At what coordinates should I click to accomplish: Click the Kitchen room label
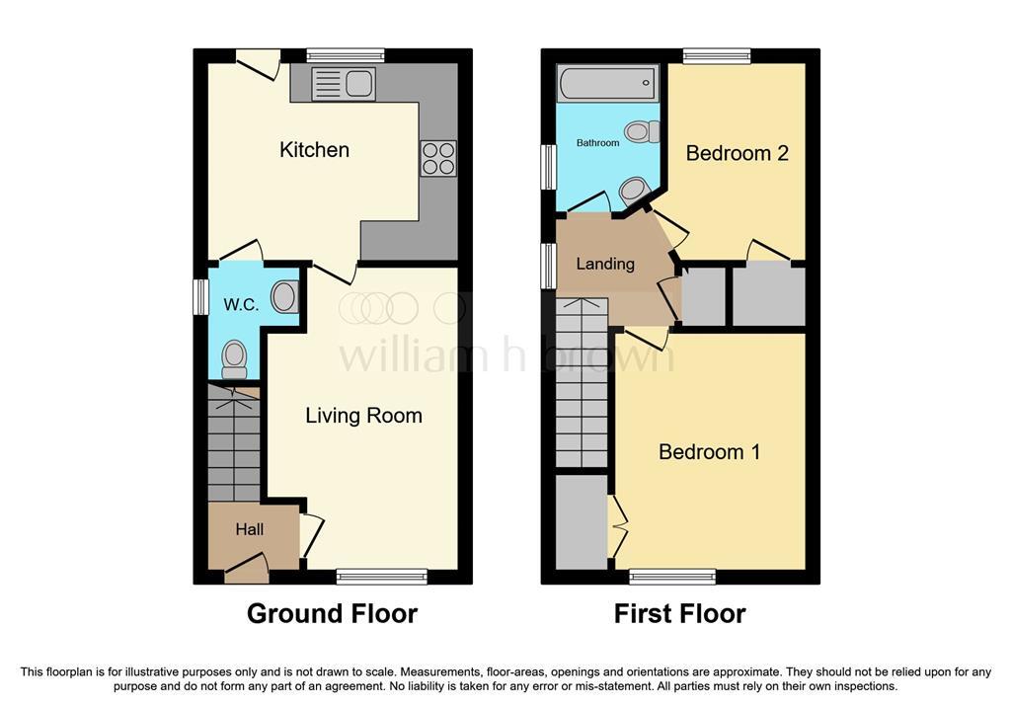coord(314,150)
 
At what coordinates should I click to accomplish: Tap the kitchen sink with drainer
coord(343,84)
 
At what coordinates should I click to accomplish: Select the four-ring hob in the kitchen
coord(438,159)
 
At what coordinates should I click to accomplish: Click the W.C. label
coord(241,304)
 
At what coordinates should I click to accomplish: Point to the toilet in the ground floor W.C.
coord(234,359)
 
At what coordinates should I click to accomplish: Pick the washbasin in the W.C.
coord(284,297)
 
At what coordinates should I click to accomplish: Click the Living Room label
coord(363,416)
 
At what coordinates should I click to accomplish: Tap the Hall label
coord(250,529)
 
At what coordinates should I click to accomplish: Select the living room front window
coord(382,576)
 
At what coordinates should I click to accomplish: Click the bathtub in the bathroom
coord(607,83)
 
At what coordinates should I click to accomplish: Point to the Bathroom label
coord(597,142)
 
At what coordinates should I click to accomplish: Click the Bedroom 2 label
coord(737,153)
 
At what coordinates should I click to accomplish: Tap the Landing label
coord(605,264)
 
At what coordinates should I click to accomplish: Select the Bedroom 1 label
coord(709,451)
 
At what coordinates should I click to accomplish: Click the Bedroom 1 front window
coord(672,576)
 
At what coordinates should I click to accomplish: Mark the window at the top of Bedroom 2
coord(717,56)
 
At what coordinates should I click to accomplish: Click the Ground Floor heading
coord(332,613)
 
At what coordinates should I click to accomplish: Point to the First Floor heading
coord(679,613)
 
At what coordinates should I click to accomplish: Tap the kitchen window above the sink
coord(345,56)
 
